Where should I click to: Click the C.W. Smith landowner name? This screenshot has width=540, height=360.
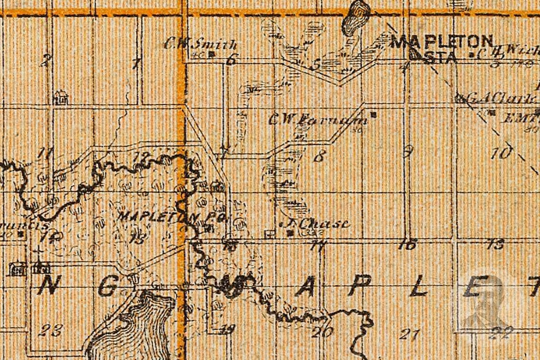201,45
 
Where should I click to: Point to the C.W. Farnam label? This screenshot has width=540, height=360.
318,119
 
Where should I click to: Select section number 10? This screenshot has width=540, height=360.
501,153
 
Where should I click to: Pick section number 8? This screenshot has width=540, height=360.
320,156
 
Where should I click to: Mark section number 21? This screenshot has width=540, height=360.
409,333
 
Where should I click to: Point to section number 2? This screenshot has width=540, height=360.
45,60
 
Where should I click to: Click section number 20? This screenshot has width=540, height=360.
322,332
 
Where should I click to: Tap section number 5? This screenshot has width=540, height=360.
316,64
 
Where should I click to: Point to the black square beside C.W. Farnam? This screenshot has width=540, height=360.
373,115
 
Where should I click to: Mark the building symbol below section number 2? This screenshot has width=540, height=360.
60,98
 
